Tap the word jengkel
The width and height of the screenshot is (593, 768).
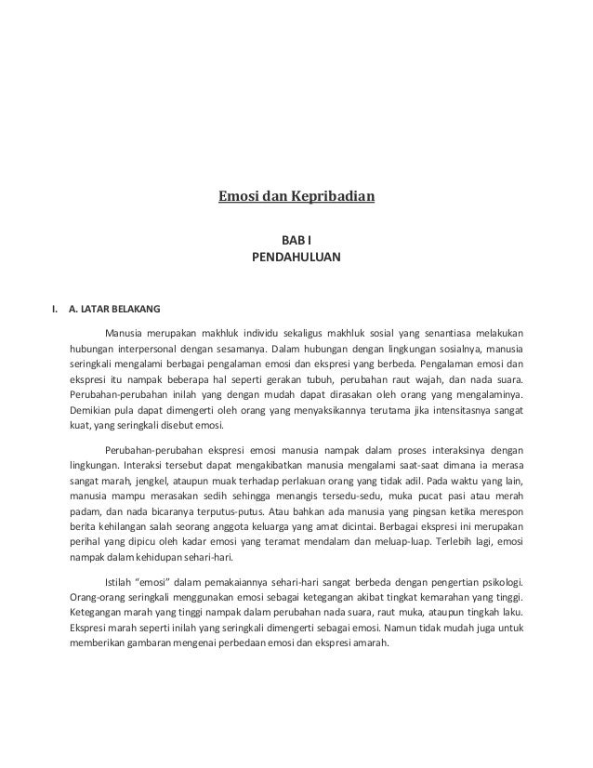pyautogui.click(x=137, y=480)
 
